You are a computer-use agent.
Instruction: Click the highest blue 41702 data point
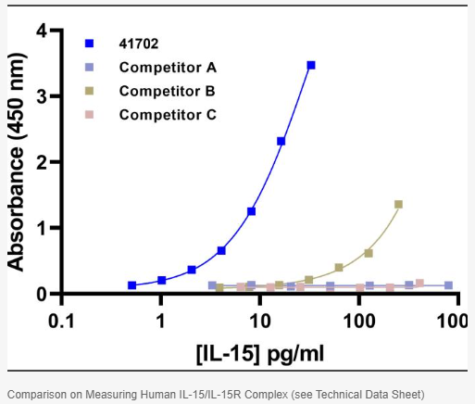pyautogui.click(x=311, y=65)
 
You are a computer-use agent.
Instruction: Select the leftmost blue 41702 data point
pyautogui.click(x=131, y=285)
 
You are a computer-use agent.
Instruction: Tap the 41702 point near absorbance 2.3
pyautogui.click(x=281, y=141)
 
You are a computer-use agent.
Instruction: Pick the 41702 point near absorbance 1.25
pyautogui.click(x=251, y=211)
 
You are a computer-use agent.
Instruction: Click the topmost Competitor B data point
pyautogui.click(x=398, y=204)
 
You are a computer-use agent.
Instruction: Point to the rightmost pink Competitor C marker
pyautogui.click(x=419, y=283)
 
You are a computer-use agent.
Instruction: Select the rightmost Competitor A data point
pyautogui.click(x=449, y=285)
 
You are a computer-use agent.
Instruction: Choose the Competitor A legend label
pyautogui.click(x=168, y=67)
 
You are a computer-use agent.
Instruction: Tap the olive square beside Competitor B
pyautogui.click(x=89, y=91)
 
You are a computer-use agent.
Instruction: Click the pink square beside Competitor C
pyautogui.click(x=89, y=115)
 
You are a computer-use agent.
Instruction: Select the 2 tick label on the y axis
pyautogui.click(x=41, y=162)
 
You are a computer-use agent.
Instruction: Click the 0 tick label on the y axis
pyautogui.click(x=41, y=294)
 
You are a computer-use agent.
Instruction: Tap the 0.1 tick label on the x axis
pyautogui.click(x=61, y=321)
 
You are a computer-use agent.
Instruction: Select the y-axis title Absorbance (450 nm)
pyautogui.click(x=16, y=162)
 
